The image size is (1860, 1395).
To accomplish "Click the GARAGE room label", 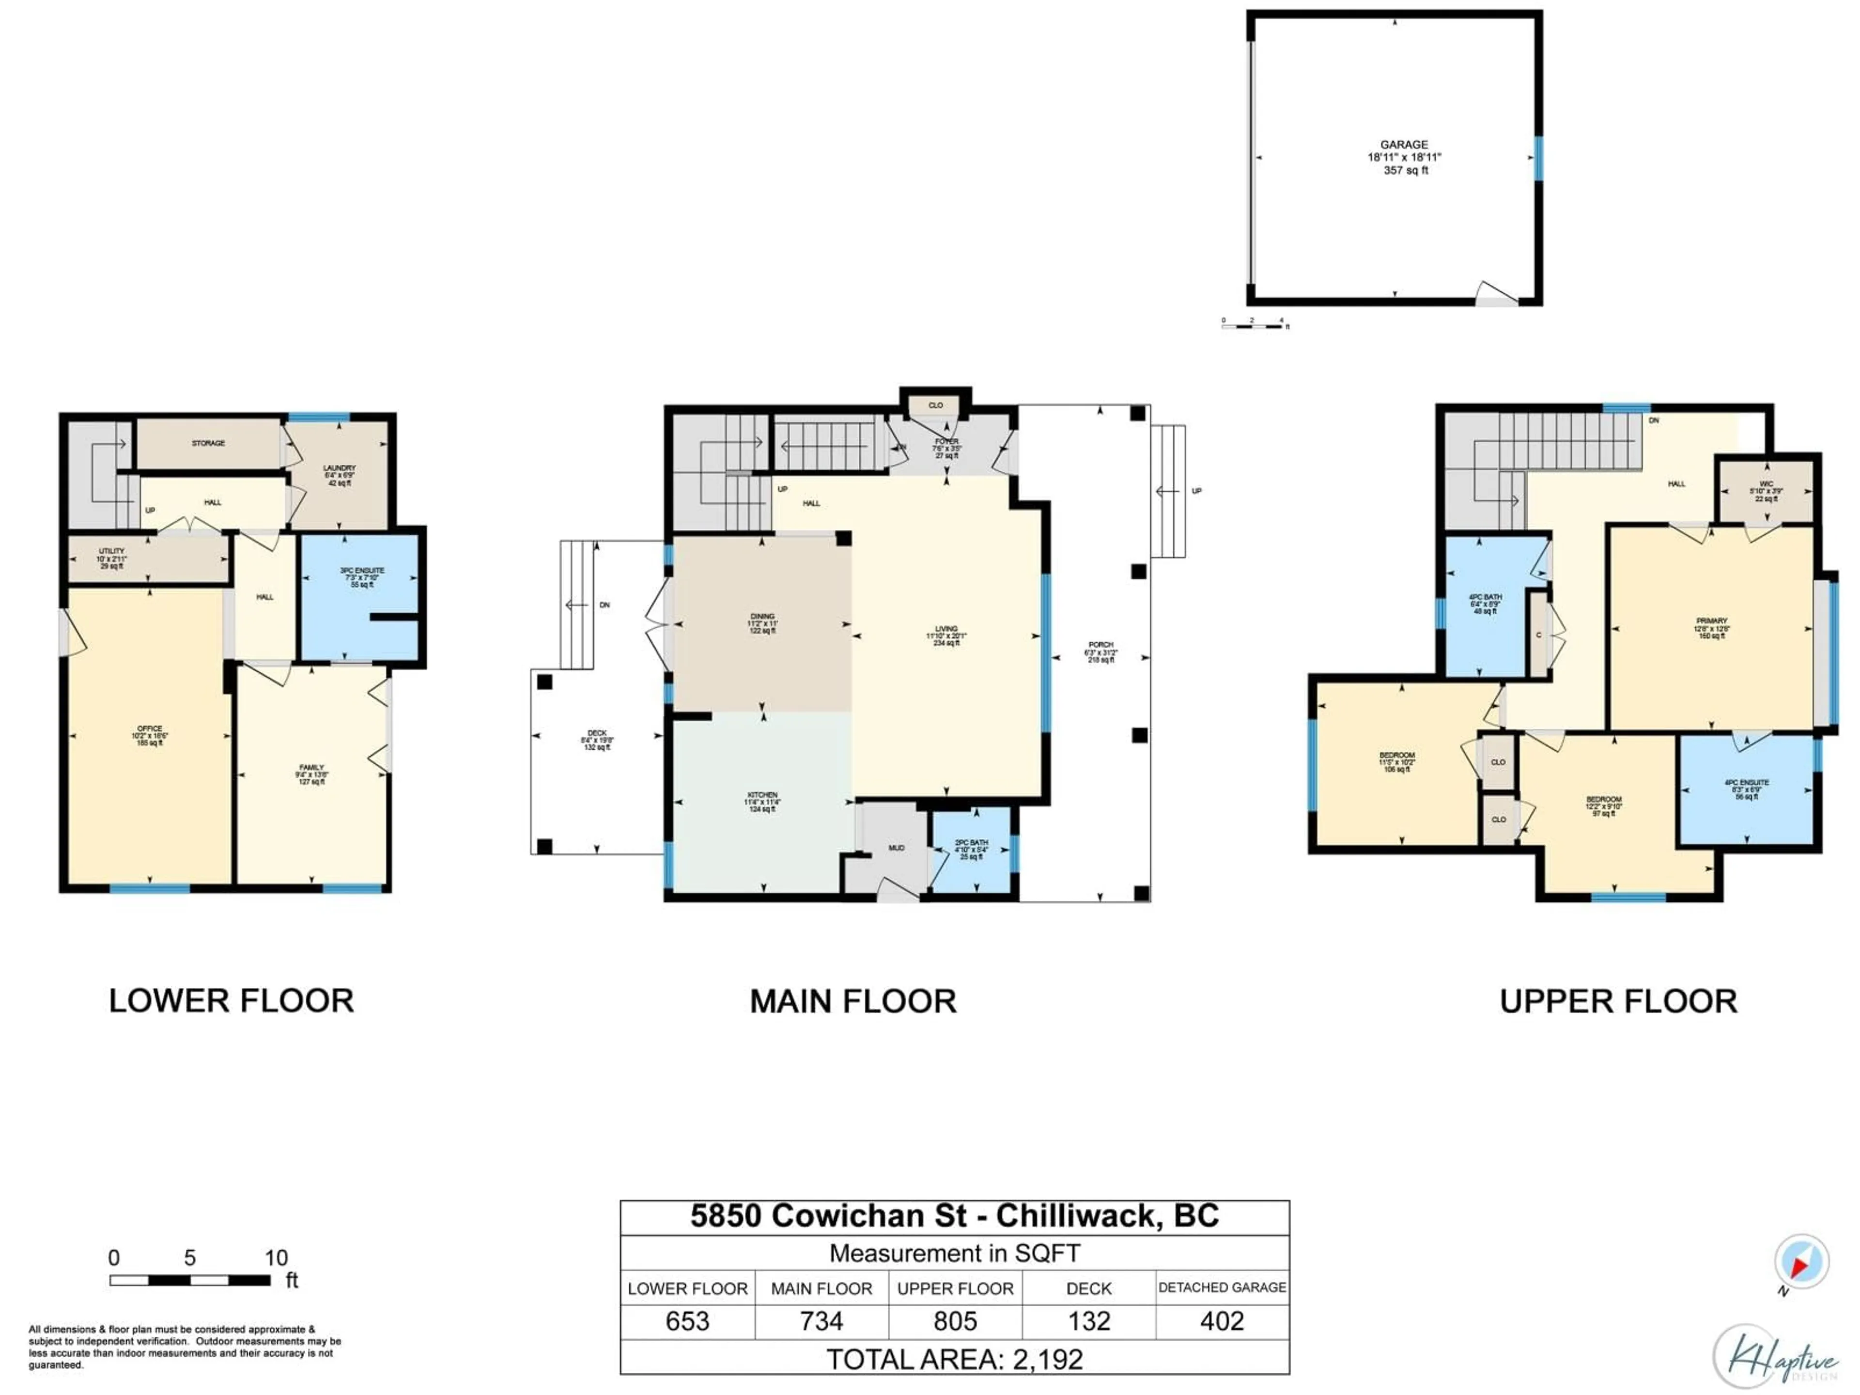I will pyautogui.click(x=1403, y=145).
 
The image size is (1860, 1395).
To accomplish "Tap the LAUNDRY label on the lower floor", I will pyautogui.click(x=339, y=467).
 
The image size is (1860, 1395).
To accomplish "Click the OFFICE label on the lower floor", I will pyautogui.click(x=150, y=728).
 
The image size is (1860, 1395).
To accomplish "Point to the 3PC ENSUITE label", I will pyautogui.click(x=361, y=570).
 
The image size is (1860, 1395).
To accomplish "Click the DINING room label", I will pyautogui.click(x=762, y=616).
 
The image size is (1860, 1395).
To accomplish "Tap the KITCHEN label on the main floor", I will pyautogui.click(x=762, y=795).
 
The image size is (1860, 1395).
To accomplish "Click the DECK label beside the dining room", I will pyautogui.click(x=597, y=733).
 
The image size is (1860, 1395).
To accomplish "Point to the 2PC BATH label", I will pyautogui.click(x=971, y=842).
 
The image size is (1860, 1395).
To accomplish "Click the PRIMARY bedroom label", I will pyautogui.click(x=1711, y=620).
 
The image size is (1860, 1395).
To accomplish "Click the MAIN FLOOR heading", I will pyautogui.click(x=852, y=1002).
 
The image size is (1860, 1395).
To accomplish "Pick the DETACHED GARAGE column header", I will pyautogui.click(x=1222, y=1287).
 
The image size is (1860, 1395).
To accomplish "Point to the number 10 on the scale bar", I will pyautogui.click(x=276, y=1258).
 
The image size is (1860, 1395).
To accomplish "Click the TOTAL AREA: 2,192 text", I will pyautogui.click(x=954, y=1359).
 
